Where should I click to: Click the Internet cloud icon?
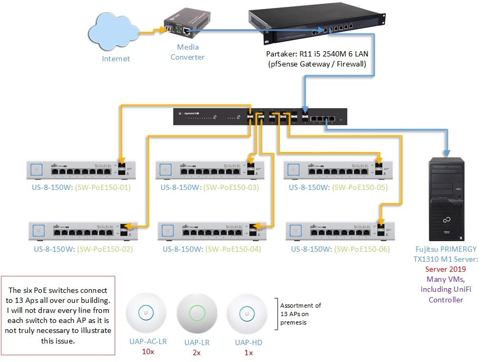click(x=116, y=33)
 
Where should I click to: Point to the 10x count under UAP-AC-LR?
click(x=148, y=352)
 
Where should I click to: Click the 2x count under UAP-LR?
click(x=197, y=352)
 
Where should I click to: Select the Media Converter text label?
click(x=187, y=52)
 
